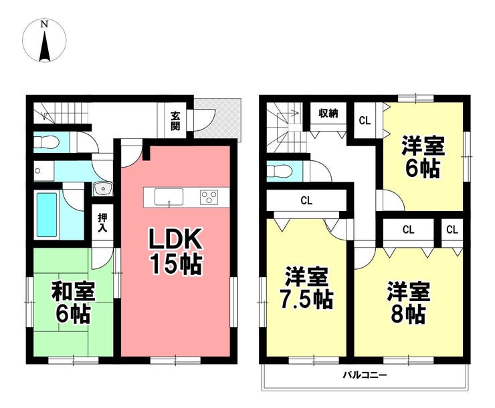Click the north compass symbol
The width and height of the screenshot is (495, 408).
(x=45, y=40)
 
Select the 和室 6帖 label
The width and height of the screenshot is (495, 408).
(x=73, y=302)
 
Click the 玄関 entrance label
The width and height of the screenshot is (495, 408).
(x=175, y=121)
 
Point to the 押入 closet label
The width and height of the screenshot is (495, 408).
(x=102, y=222)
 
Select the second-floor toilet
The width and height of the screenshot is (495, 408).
(x=280, y=172)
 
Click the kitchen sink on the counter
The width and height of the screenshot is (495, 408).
(x=169, y=197)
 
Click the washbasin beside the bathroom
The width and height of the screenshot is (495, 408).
(x=103, y=189)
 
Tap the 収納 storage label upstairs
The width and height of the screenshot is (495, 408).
(x=328, y=113)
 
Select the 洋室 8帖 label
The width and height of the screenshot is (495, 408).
(x=408, y=303)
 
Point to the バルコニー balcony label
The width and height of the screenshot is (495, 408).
(x=365, y=375)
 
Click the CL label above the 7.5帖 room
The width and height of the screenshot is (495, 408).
(x=306, y=201)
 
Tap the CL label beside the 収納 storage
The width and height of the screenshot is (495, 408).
(x=365, y=120)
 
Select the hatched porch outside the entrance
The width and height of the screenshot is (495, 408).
(x=217, y=118)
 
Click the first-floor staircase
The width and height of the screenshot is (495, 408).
(x=61, y=114)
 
